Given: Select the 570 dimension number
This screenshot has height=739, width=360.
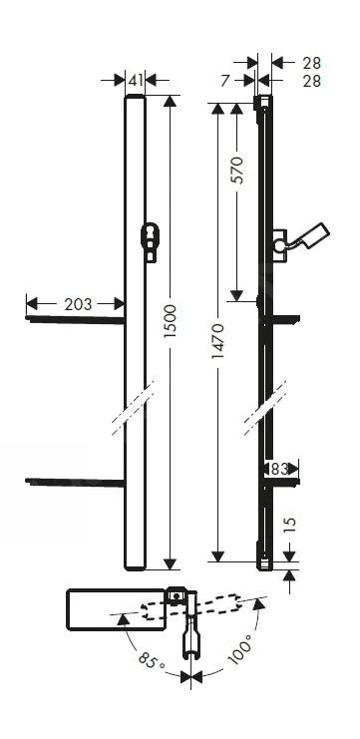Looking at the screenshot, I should [237, 171].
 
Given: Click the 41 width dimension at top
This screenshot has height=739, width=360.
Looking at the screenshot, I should [136, 78].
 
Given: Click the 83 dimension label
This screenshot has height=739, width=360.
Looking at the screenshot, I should [279, 468].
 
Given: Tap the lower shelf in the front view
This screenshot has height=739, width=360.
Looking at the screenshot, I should [76, 484].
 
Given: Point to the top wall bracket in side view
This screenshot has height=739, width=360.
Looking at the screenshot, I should [262, 103].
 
